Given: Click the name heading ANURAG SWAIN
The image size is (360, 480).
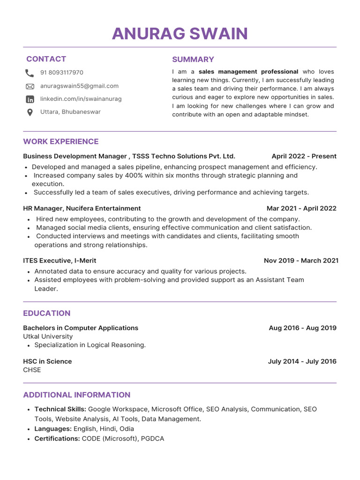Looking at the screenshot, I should [180, 34].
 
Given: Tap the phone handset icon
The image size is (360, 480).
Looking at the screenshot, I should [30, 73].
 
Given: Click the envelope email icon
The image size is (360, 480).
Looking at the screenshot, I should [30, 86].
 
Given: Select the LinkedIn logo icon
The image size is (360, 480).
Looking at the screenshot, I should [30, 99].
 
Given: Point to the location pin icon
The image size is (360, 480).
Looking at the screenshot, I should [30, 112].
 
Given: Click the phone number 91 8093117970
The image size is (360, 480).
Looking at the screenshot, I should [62, 73].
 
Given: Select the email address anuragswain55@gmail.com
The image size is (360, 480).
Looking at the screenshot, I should [79, 86].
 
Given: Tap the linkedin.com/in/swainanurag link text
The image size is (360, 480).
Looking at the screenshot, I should [81, 99].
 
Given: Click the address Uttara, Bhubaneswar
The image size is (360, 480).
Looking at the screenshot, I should [70, 112].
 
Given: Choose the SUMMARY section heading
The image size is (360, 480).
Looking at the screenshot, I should [193, 60].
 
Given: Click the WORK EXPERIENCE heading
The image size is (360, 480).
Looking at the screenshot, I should [61, 142].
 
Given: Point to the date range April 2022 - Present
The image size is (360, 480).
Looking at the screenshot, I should [304, 156].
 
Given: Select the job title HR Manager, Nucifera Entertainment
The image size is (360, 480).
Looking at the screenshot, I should [82, 208].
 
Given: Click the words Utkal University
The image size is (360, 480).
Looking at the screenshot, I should [48, 337].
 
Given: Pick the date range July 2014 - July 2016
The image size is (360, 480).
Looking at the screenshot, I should [302, 361].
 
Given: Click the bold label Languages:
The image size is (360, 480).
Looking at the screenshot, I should [53, 429].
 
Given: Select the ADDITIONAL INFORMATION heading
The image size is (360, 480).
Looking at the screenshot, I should [77, 395].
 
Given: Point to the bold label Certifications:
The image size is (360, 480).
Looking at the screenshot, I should [57, 439].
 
